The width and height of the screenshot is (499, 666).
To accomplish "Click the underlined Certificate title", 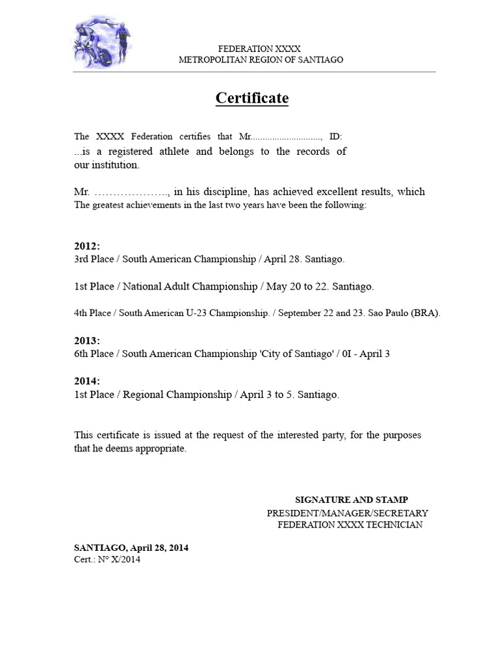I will pyautogui.click(x=252, y=98).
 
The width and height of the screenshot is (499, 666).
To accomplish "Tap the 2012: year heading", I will pyautogui.click(x=87, y=246).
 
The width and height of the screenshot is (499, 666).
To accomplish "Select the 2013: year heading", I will pyautogui.click(x=87, y=341).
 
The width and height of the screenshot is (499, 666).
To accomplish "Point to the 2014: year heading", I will pyautogui.click(x=87, y=381).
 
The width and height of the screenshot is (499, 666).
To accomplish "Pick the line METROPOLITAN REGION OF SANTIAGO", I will pyautogui.click(x=261, y=59).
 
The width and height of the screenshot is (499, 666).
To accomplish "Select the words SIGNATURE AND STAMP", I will pyautogui.click(x=352, y=499).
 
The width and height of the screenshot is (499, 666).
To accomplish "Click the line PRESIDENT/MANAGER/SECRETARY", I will pyautogui.click(x=348, y=513).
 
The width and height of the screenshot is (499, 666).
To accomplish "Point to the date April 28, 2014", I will pyautogui.click(x=160, y=548).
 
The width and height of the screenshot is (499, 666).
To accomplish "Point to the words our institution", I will pyautogui.click(x=106, y=165).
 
